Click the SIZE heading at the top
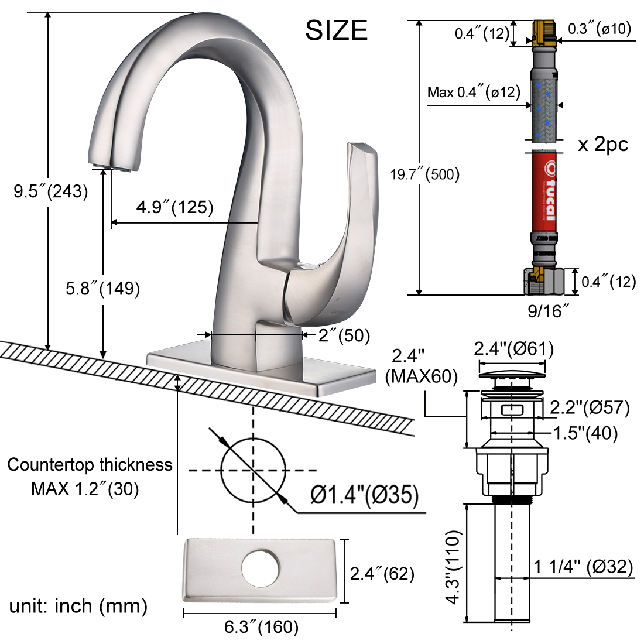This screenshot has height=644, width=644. pyautogui.click(x=336, y=30)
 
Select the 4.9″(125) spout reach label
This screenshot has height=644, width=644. pyautogui.click(x=174, y=207)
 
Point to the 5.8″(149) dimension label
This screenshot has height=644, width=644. pyautogui.click(x=102, y=288)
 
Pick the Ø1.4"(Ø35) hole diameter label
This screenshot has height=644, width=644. pyautogui.click(x=365, y=496)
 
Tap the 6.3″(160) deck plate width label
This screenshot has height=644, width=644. pyautogui.click(x=261, y=627)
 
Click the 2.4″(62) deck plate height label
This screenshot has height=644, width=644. pyautogui.click(x=382, y=574)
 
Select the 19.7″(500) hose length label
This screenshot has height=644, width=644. pyautogui.click(x=425, y=174)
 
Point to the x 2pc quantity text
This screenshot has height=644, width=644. pyautogui.click(x=602, y=145)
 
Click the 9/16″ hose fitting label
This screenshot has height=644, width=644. pyautogui.click(x=549, y=311)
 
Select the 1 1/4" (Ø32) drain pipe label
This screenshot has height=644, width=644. pyautogui.click(x=583, y=567)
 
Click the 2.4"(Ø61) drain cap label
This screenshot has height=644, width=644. pyautogui.click(x=513, y=349)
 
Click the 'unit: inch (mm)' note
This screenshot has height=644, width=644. pyautogui.click(x=78, y=605)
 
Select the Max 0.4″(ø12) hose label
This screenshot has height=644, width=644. pyautogui.click(x=474, y=92)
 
